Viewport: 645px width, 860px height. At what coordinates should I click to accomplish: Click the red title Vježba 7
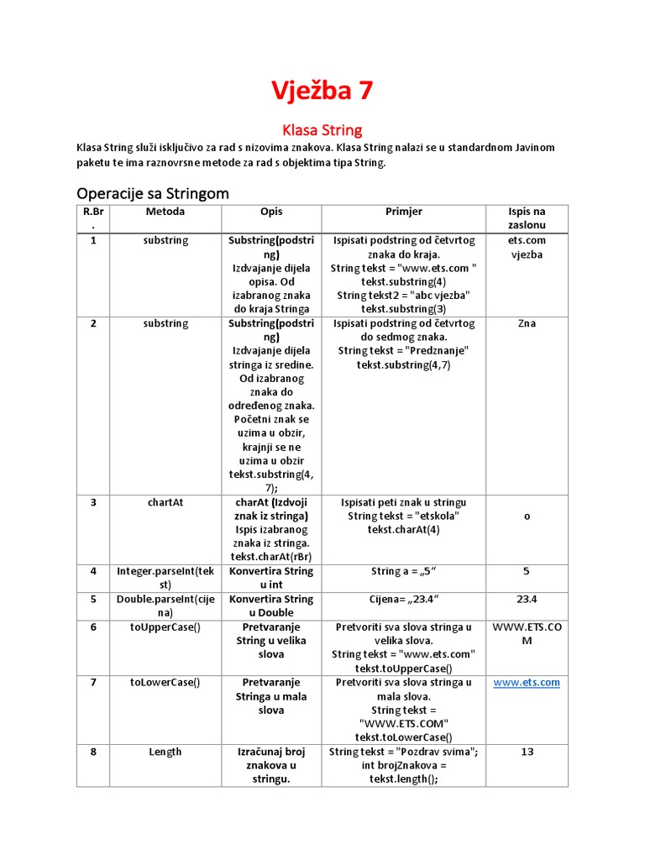point(322,90)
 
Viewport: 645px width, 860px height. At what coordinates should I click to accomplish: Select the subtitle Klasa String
point(322,130)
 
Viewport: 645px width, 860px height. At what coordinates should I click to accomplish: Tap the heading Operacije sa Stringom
point(152,193)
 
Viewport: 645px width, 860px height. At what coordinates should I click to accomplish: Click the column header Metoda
point(165,212)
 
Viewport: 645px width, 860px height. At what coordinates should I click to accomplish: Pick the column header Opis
point(271,212)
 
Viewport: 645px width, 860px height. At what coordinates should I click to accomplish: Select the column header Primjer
point(403,212)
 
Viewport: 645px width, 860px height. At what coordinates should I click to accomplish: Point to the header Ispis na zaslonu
point(527,219)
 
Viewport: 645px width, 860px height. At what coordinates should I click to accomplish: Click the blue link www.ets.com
point(527,683)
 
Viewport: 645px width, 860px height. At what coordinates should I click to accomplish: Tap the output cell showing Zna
point(527,323)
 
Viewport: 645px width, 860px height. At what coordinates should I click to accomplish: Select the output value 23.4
point(527,600)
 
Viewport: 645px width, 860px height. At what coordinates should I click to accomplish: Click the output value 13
point(527,752)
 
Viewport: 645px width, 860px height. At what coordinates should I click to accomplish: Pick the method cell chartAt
point(165,502)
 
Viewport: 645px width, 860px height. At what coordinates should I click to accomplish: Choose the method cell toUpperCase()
point(165,627)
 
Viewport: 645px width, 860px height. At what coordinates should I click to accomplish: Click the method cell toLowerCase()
point(165,683)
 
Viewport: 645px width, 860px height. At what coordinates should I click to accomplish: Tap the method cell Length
point(165,752)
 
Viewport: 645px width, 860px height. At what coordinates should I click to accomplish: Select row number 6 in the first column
point(93,627)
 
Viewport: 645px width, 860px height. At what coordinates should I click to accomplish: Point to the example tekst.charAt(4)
point(403,530)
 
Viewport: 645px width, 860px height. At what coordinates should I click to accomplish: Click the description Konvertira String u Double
point(271,606)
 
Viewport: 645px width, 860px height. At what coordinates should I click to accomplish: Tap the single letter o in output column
point(527,517)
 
